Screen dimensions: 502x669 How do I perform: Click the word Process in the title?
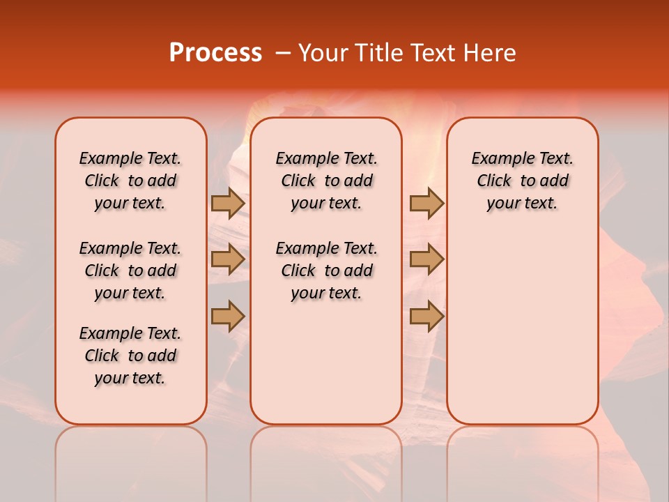click(x=215, y=53)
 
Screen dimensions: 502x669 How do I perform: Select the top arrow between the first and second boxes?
click(x=228, y=203)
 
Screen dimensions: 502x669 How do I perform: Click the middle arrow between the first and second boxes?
click(x=228, y=259)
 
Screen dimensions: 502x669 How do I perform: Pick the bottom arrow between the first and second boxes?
click(x=228, y=316)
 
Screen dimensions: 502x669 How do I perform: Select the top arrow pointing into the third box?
click(x=426, y=203)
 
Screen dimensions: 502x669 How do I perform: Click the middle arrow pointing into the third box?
click(x=426, y=259)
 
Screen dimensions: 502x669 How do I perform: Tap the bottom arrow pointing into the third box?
click(x=426, y=316)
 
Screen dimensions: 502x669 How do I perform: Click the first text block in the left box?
click(x=130, y=181)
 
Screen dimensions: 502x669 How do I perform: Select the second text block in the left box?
click(x=130, y=271)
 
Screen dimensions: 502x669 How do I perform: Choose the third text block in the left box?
click(x=130, y=356)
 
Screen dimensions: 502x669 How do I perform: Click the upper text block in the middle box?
click(x=327, y=181)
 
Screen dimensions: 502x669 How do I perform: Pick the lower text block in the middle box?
click(x=327, y=271)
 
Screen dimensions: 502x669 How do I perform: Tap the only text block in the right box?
click(x=523, y=181)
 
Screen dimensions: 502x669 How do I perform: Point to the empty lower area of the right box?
click(x=523, y=328)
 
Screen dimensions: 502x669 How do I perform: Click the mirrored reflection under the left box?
click(x=131, y=453)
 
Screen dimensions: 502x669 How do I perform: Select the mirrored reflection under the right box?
click(x=523, y=453)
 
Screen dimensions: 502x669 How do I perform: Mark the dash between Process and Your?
click(x=283, y=53)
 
